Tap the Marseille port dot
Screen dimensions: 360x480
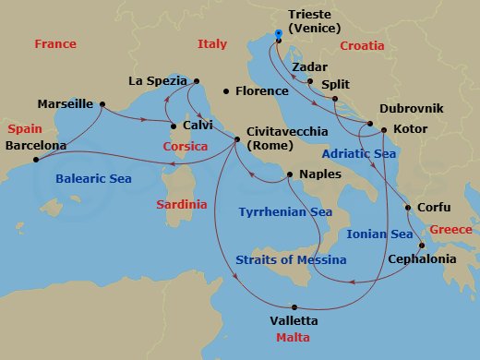pyautogui.click(x=101, y=103)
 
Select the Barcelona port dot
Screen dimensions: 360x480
pyautogui.click(x=36, y=160)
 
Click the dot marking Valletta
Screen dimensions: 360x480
pyautogui.click(x=294, y=306)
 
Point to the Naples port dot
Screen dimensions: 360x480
pyautogui.click(x=290, y=174)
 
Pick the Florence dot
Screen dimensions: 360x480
pyautogui.click(x=227, y=91)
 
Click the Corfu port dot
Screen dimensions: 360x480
pyautogui.click(x=407, y=208)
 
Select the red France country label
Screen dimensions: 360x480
pyautogui.click(x=54, y=44)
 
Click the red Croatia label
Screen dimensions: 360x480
pyautogui.click(x=361, y=45)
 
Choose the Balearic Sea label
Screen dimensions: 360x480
pyautogui.click(x=94, y=178)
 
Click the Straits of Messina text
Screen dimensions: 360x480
pyautogui.click(x=292, y=260)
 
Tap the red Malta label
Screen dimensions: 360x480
pyautogui.click(x=294, y=338)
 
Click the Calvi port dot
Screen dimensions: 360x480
pyautogui.click(x=173, y=125)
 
